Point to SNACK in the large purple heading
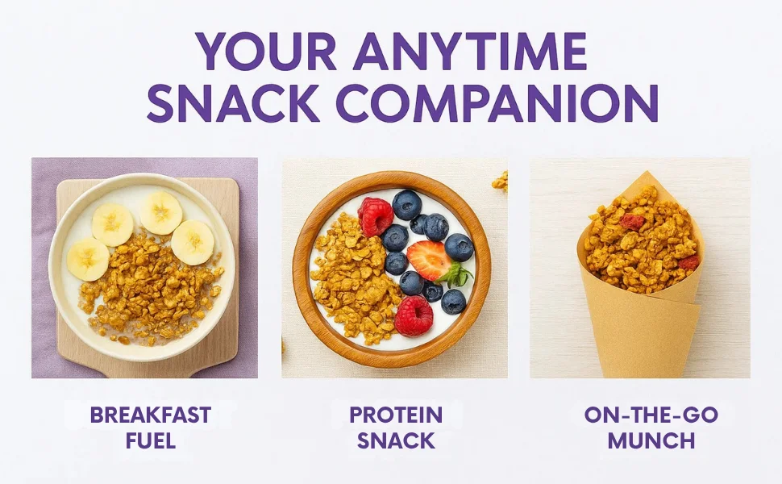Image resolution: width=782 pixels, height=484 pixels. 233,103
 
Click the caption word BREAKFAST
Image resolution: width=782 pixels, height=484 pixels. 151,415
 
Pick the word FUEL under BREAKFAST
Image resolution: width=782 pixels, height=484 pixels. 151,441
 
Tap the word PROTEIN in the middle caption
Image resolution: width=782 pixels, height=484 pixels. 396,415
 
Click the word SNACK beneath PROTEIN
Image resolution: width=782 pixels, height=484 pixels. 396,441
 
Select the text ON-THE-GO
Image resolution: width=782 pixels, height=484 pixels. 651,415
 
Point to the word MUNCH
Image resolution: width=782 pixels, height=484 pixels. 651,441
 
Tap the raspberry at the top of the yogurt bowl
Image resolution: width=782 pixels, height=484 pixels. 376,216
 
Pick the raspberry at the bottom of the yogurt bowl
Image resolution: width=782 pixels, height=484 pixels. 414,316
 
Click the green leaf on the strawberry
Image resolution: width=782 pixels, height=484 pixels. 459,275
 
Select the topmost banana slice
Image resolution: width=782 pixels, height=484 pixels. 160,213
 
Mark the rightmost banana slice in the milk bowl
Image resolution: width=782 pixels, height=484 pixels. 193,243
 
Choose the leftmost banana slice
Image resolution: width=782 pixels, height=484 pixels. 88,259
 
